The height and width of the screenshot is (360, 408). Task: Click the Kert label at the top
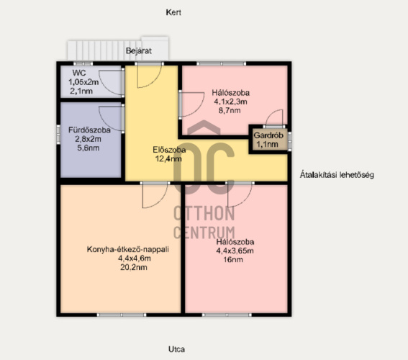click(173, 12)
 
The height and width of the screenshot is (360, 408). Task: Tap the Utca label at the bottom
click(177, 349)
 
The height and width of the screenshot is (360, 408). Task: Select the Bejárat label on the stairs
click(139, 50)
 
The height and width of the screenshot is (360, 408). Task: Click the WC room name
click(79, 73)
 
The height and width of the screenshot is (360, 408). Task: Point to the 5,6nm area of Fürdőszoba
click(89, 148)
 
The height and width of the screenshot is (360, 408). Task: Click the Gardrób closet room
click(268, 140)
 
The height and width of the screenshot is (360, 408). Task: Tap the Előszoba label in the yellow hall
click(169, 150)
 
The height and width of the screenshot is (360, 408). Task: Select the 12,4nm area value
click(168, 158)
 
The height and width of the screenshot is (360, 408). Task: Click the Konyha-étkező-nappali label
click(128, 249)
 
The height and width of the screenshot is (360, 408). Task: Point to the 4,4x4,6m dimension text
click(135, 258)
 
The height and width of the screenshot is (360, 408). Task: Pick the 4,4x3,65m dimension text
click(235, 251)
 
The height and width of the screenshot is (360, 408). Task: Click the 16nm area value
click(233, 259)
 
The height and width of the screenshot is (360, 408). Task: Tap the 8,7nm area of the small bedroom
click(230, 110)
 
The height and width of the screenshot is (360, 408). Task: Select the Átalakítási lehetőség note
click(337, 175)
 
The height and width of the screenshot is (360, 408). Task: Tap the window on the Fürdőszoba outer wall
click(58, 135)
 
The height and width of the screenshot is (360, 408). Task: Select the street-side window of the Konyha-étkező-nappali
click(122, 315)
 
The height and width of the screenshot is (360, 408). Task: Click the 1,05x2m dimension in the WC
click(83, 82)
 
